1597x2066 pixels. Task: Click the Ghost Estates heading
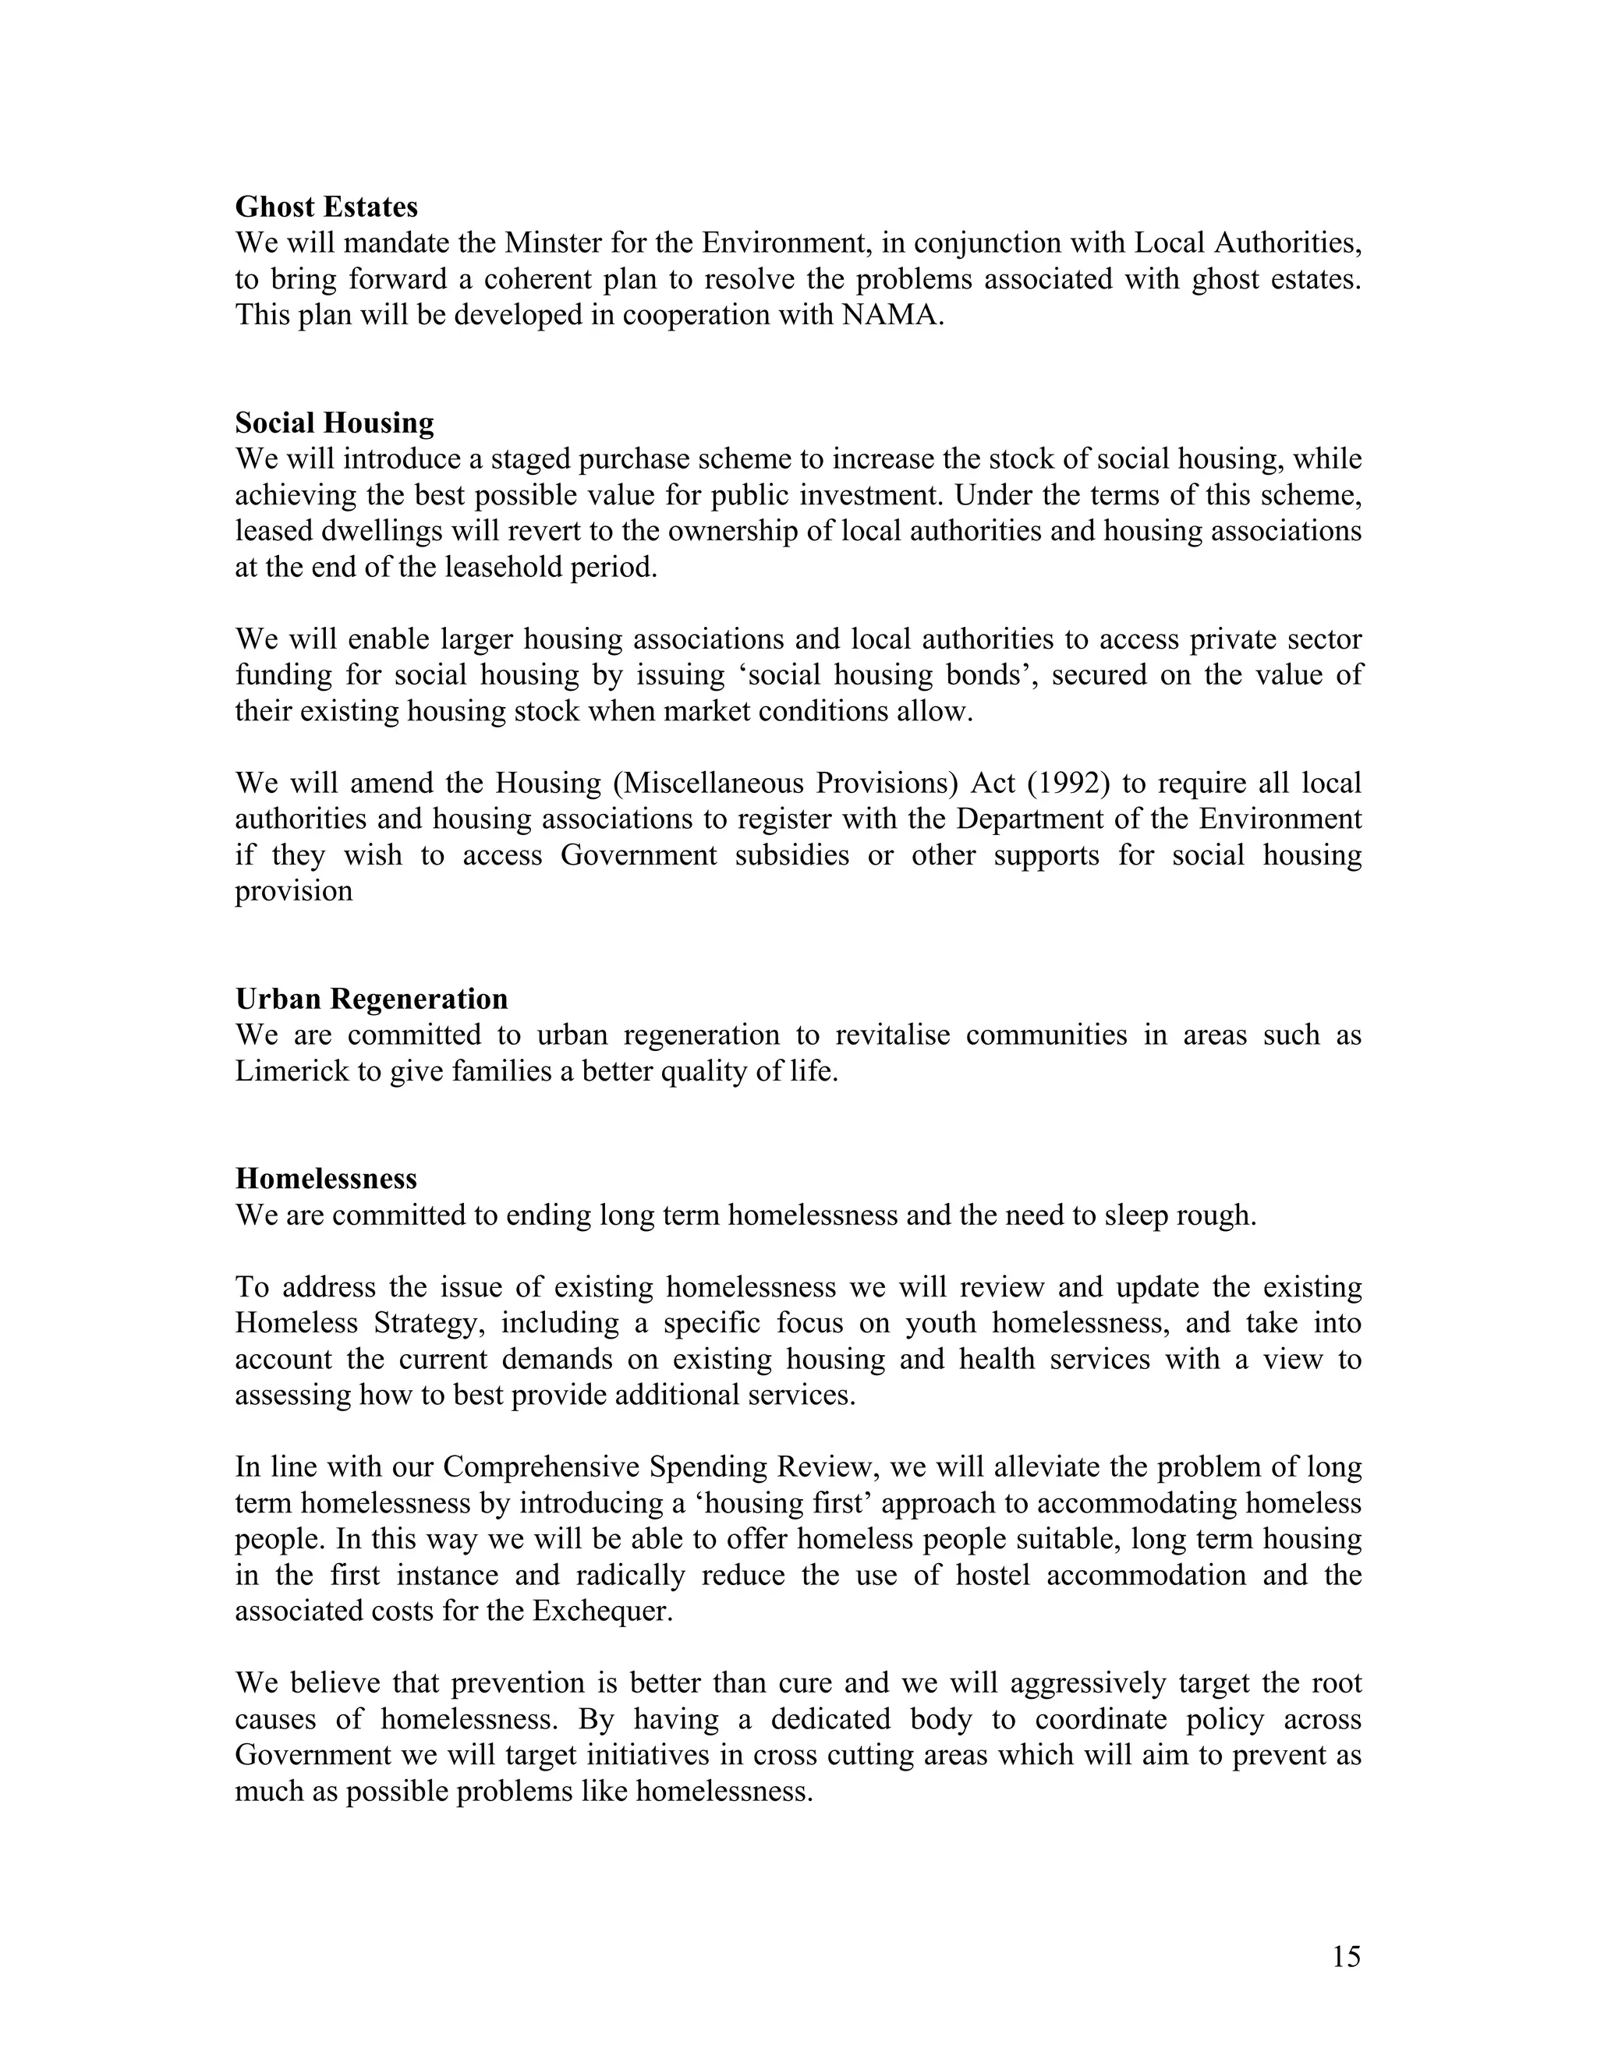pyautogui.click(x=327, y=207)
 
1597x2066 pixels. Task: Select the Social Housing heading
pyautogui.click(x=334, y=422)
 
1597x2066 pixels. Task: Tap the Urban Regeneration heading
pyautogui.click(x=371, y=999)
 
